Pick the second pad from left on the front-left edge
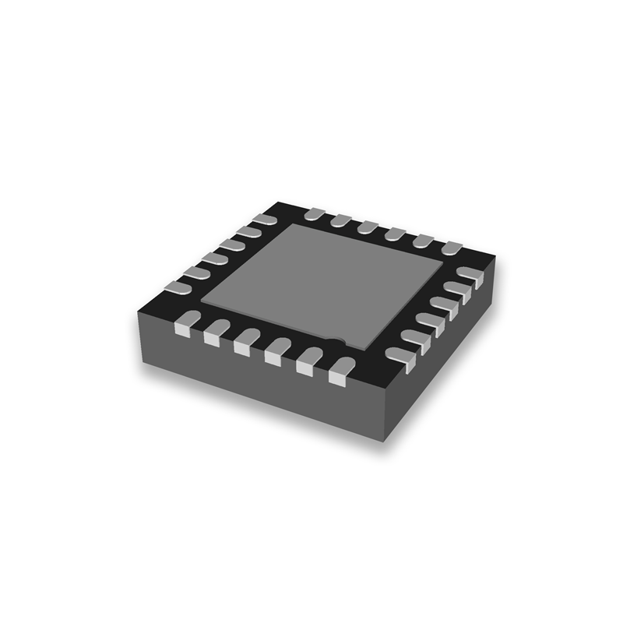(x=216, y=332)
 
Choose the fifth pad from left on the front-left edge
(x=310, y=361)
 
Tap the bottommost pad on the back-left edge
(x=178, y=290)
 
